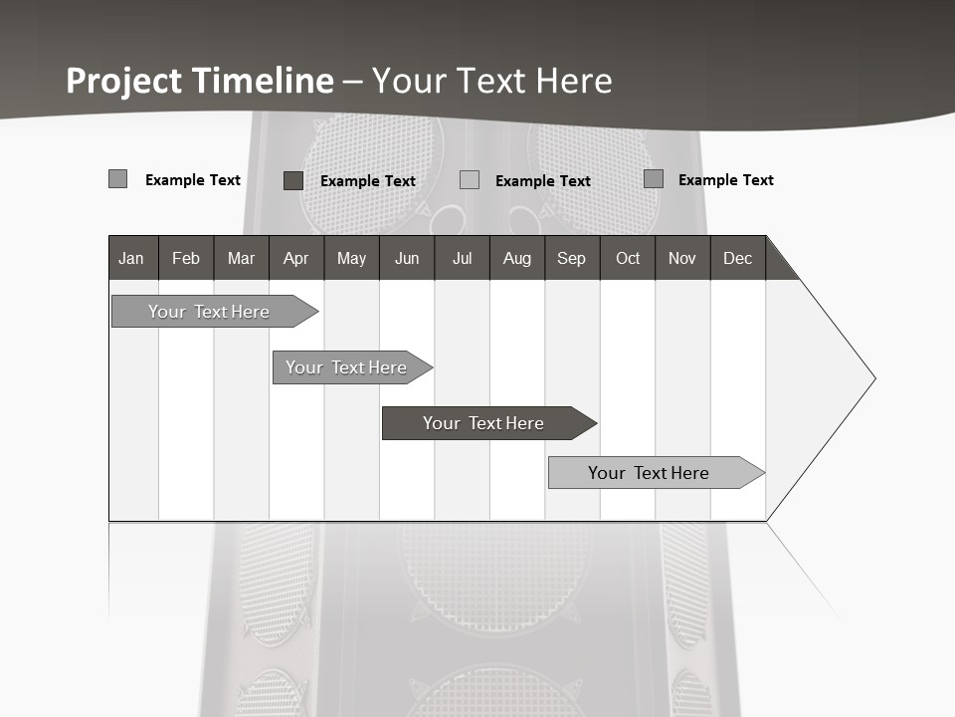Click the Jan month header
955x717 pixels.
point(132,258)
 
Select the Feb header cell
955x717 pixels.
point(186,258)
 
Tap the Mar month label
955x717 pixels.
point(241,258)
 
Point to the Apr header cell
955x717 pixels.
point(296,258)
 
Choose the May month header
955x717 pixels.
point(351,258)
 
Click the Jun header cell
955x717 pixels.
point(407,258)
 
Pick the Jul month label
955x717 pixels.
point(462,258)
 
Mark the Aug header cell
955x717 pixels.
point(517,258)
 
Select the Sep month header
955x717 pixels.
point(572,258)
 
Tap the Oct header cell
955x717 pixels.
point(628,258)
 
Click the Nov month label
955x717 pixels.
point(682,258)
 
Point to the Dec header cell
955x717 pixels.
point(738,258)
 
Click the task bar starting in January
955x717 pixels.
point(209,312)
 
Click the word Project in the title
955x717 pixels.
point(122,81)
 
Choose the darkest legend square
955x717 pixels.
point(293,180)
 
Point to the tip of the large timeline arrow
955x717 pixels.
point(873,378)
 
